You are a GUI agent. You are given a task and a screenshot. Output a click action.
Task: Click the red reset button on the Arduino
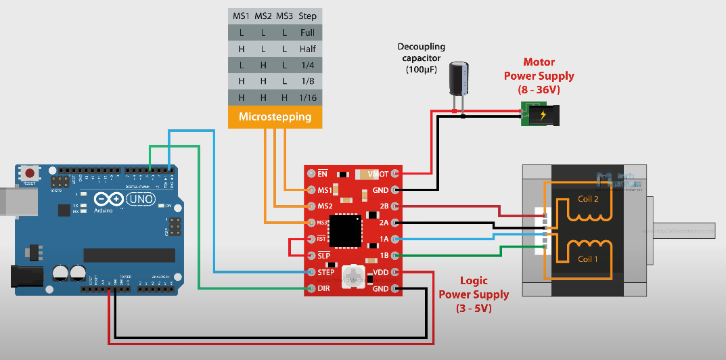[29, 172]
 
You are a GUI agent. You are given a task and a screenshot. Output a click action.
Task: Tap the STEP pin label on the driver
[325, 272]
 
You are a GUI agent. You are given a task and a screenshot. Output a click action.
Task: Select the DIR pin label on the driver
[324, 289]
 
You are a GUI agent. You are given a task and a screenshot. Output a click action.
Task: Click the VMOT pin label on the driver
[378, 174]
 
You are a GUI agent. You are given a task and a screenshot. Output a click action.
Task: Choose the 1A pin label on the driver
[384, 239]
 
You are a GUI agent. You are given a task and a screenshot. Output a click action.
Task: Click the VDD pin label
[380, 272]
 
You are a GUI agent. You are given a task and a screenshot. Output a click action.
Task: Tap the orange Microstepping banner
[275, 116]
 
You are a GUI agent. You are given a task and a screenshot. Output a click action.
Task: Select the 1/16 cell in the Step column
[308, 97]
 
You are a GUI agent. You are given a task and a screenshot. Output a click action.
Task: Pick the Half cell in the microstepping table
[308, 49]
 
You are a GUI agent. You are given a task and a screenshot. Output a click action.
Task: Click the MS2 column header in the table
[263, 16]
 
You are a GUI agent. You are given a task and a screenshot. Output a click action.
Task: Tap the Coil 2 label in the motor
[589, 199]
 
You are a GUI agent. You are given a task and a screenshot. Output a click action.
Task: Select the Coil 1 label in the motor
[589, 258]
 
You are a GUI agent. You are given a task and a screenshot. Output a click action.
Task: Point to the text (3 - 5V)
[474, 308]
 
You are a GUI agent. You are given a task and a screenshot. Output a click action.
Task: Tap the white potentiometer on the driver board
[352, 275]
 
